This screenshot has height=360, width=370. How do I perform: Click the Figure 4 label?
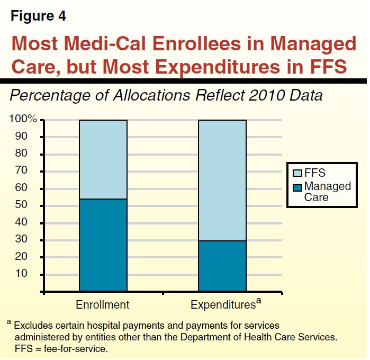click(39, 16)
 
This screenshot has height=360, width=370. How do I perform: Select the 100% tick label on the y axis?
click(23, 120)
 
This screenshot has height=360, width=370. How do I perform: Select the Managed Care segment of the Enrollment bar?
click(103, 245)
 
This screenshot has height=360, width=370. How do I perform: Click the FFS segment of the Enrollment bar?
click(103, 159)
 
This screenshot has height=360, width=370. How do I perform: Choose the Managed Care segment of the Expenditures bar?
click(222, 266)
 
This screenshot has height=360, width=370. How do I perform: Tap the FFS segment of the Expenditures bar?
click(222, 180)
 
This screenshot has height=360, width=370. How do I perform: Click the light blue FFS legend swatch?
click(297, 173)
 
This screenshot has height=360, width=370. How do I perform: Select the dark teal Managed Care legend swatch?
click(297, 187)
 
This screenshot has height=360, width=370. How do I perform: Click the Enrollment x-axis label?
click(103, 305)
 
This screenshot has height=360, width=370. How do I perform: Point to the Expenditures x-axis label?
click(223, 305)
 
